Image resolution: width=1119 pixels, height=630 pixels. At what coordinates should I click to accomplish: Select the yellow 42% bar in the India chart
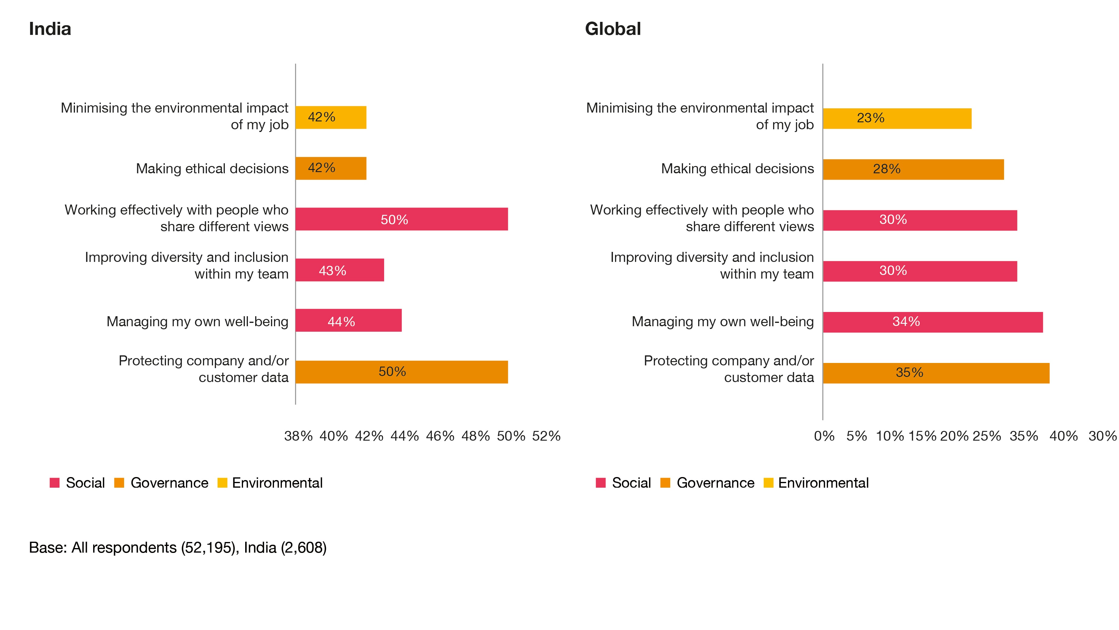331,117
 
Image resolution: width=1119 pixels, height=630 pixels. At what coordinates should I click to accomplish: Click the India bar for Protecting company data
401,372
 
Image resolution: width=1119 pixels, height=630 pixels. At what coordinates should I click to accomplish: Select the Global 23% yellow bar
897,118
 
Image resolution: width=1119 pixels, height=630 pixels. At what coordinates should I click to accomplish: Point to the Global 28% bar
913,169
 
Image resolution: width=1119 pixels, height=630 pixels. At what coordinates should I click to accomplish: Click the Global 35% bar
936,373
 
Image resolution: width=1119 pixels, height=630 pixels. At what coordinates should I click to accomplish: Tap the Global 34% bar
933,322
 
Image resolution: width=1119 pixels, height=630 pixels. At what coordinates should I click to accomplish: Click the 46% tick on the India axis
440,436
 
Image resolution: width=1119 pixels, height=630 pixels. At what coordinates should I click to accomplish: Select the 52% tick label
546,436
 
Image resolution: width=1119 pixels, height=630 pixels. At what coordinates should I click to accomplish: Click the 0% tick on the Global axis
824,436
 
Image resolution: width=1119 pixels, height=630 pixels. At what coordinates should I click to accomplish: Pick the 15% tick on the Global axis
922,436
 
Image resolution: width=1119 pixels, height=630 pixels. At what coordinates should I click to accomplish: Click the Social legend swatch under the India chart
55,483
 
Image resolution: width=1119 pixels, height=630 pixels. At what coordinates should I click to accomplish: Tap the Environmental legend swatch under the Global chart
768,483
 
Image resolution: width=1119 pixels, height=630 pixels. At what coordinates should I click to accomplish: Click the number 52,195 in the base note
207,547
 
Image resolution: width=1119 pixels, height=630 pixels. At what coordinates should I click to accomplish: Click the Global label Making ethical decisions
737,169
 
